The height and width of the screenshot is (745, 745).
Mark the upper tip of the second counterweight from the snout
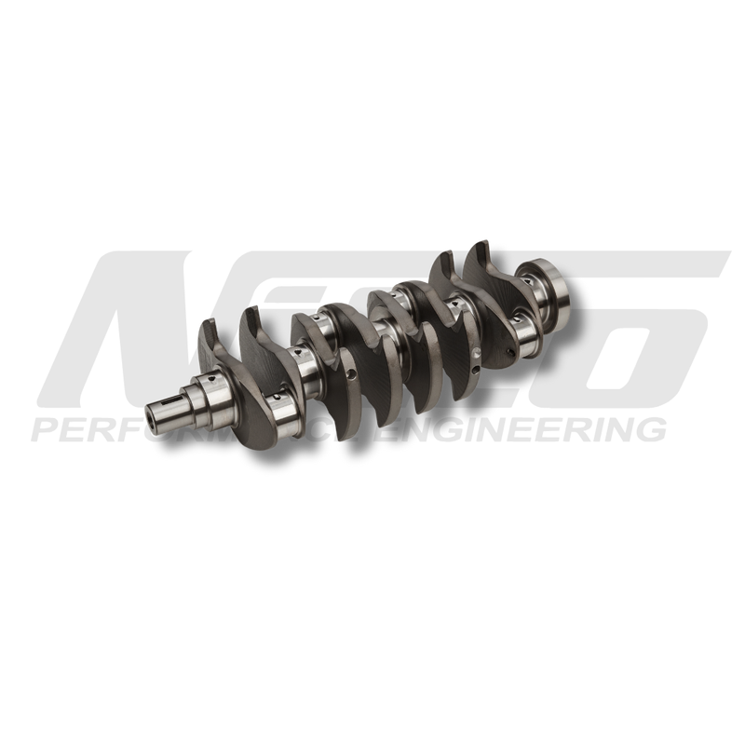[x=251, y=312]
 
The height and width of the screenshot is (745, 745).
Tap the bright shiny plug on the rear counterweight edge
[x=474, y=353]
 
